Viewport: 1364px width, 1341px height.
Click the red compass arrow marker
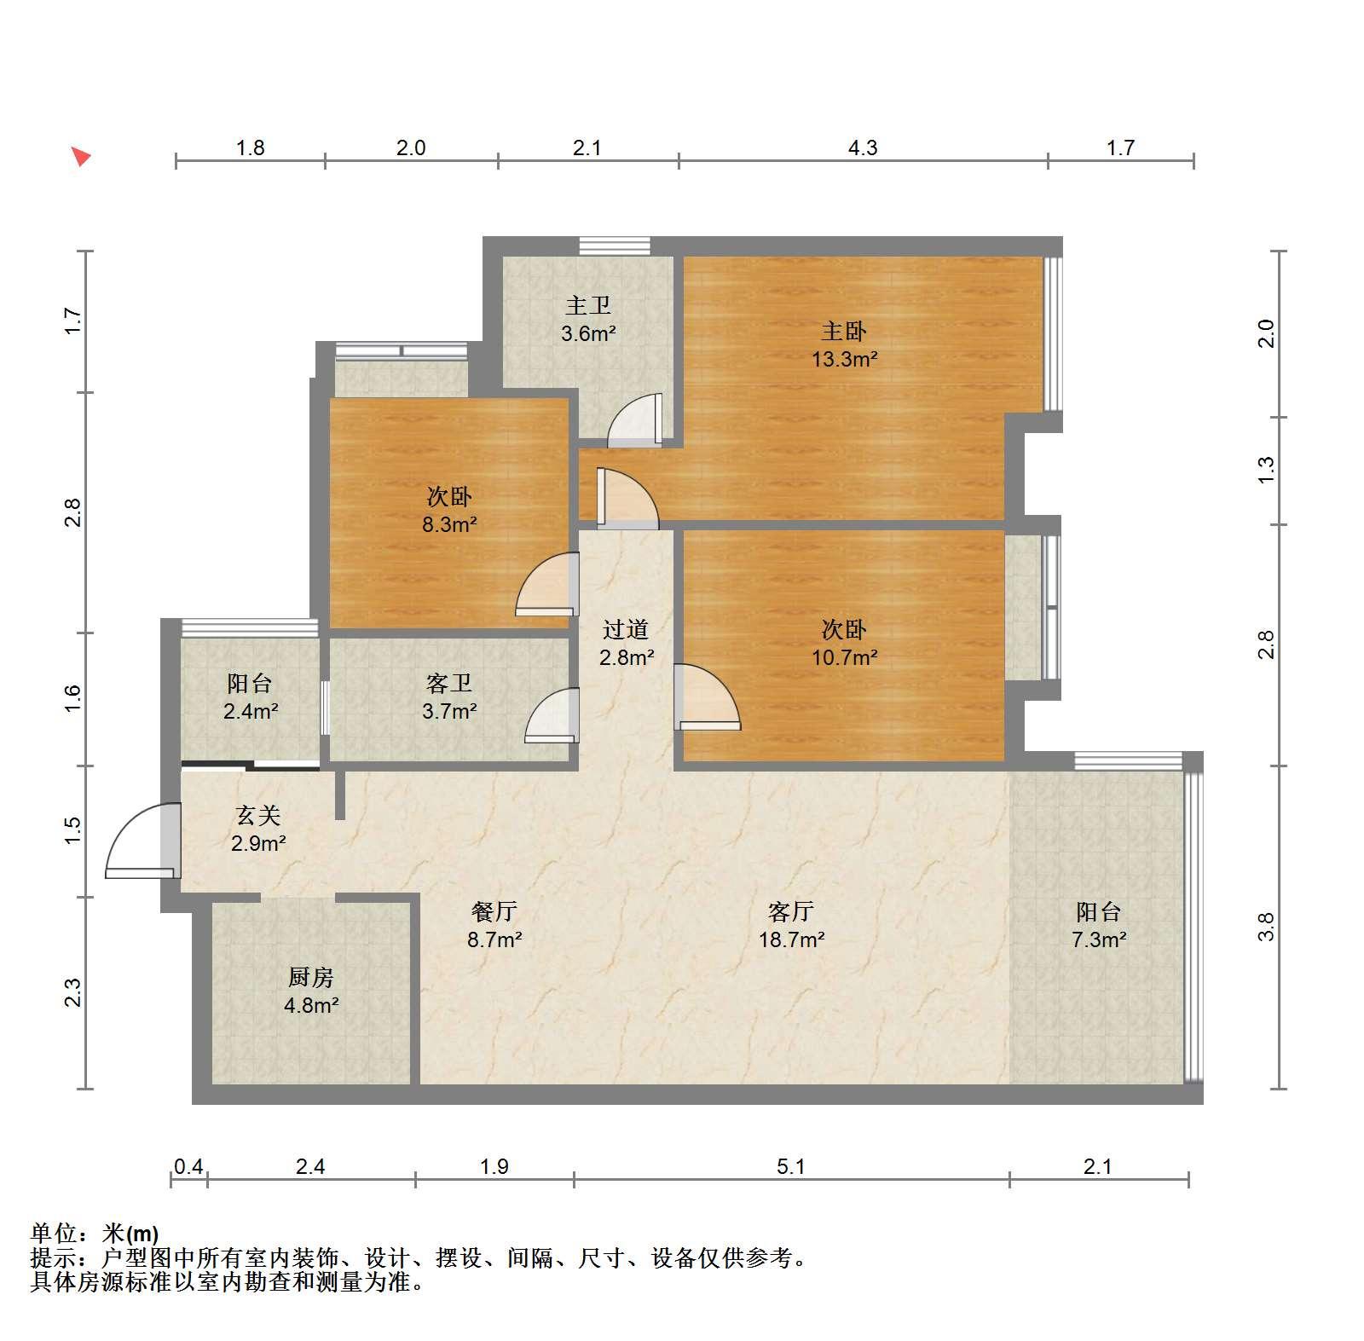[x=80, y=156]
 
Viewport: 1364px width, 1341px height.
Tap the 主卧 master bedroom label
[x=843, y=331]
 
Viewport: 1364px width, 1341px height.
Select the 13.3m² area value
[x=844, y=359]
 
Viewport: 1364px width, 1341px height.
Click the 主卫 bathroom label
[x=588, y=305]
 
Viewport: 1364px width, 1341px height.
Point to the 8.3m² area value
[x=449, y=524]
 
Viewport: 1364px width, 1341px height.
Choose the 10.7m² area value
[x=844, y=657]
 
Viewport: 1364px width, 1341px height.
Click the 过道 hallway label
[x=626, y=629]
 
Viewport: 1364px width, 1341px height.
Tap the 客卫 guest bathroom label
[x=449, y=683]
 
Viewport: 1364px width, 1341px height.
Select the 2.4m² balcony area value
[x=251, y=711]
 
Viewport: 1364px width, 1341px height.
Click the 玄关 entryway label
[x=258, y=816]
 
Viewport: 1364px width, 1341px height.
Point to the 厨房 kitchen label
[x=311, y=977]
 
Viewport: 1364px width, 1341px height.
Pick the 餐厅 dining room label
[x=494, y=911]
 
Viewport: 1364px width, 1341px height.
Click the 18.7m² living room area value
[x=792, y=939]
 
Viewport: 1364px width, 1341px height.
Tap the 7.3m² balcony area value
[x=1099, y=939]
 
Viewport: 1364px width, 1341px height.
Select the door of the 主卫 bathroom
[x=635, y=420]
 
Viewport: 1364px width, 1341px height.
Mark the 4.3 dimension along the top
[x=863, y=147]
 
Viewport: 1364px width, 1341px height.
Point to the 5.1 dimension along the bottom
[x=791, y=1165]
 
